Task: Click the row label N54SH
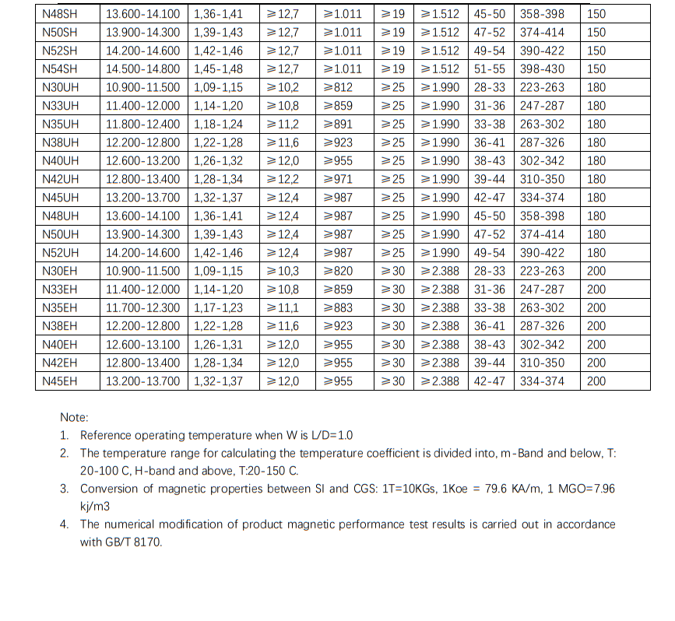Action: tap(60, 68)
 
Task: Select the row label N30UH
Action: tap(60, 87)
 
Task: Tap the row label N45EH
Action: tap(60, 381)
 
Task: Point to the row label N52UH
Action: tap(60, 253)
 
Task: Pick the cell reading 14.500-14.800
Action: tap(142, 68)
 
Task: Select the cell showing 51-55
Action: tap(489, 68)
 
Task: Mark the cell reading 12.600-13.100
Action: tap(142, 345)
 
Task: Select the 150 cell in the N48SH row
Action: tap(596, 13)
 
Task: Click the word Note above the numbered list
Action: tap(74, 418)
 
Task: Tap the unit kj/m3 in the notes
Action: tap(96, 506)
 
